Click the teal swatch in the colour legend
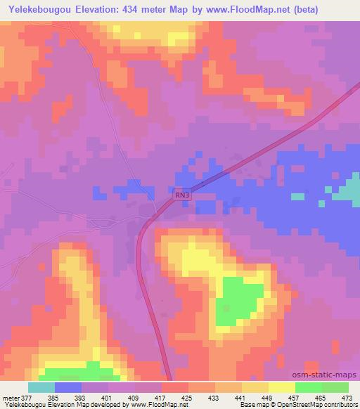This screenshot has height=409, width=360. click(41, 387)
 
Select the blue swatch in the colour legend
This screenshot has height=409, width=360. click(68, 387)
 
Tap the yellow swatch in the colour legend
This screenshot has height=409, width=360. click(282, 387)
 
